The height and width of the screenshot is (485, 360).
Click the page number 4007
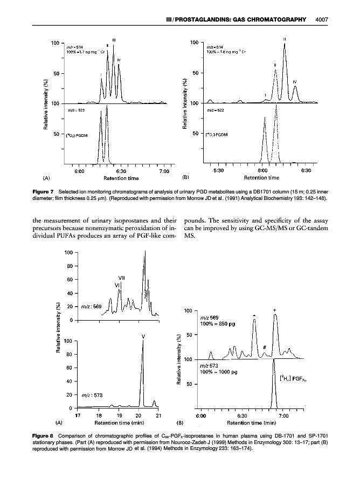point(322,20)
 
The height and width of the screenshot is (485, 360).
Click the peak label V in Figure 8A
point(143,337)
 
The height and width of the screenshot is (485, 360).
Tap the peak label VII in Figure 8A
point(122,278)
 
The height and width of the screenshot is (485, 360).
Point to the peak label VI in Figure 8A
point(117,285)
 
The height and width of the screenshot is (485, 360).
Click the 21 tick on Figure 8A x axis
point(159,415)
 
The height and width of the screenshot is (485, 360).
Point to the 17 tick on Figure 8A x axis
point(78,415)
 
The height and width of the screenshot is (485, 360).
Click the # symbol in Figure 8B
point(266,348)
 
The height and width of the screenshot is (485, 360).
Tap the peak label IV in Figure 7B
point(295,81)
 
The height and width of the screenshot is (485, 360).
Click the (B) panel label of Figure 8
point(181,423)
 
